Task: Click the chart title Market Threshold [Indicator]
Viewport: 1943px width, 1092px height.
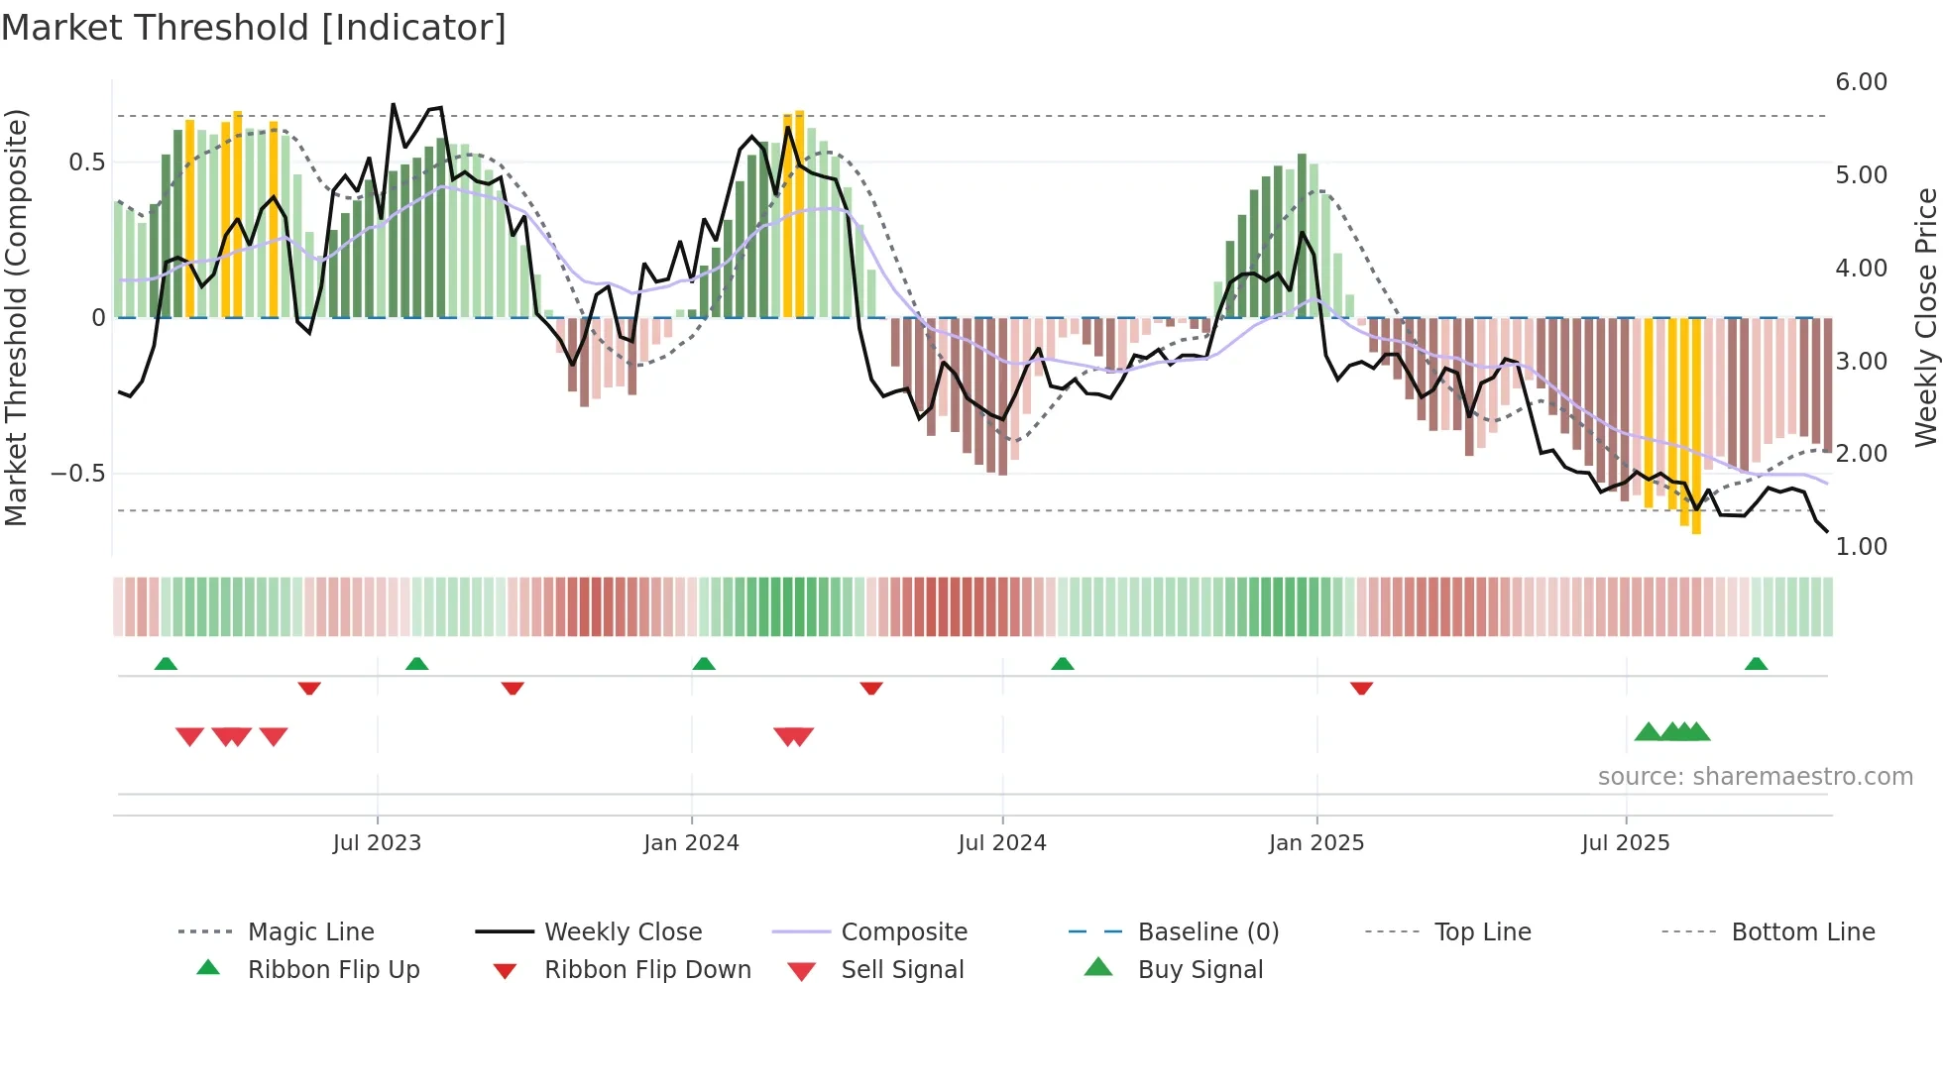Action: coord(254,28)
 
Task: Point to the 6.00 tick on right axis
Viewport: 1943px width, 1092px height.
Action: coord(1861,82)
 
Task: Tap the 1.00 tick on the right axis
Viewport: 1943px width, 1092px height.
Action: coord(1861,547)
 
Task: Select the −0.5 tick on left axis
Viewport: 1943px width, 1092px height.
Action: coord(77,474)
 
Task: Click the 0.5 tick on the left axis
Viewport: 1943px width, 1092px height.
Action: coord(86,163)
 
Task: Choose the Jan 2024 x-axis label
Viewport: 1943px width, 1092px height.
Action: coord(691,843)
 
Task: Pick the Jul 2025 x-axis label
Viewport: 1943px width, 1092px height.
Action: coord(1625,843)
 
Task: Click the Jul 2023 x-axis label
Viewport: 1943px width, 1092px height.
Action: coord(377,843)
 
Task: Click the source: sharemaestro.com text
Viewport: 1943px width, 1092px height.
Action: coord(1755,777)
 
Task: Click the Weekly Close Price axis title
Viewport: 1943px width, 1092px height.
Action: coord(1925,317)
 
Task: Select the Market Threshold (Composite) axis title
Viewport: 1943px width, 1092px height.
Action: coord(16,317)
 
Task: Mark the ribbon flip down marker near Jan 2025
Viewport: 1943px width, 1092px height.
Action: coord(1361,688)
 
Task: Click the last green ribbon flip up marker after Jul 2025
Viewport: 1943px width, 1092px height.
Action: coord(1756,664)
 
